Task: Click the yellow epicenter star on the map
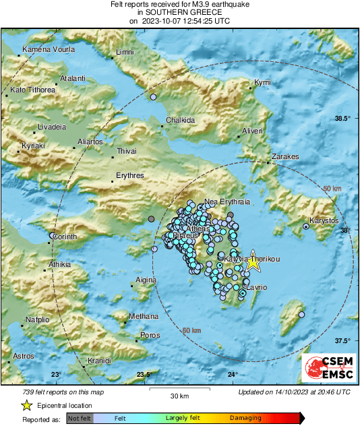pos(252,263)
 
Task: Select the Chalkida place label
pos(180,120)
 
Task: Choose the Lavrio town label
pos(257,288)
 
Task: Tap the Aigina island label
pos(146,280)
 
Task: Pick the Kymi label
pos(262,83)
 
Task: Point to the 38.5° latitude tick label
pos(343,119)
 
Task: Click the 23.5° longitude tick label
pos(144,375)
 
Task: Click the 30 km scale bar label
pos(179,396)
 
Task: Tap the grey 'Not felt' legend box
pos(80,419)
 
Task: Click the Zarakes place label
pos(285,156)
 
